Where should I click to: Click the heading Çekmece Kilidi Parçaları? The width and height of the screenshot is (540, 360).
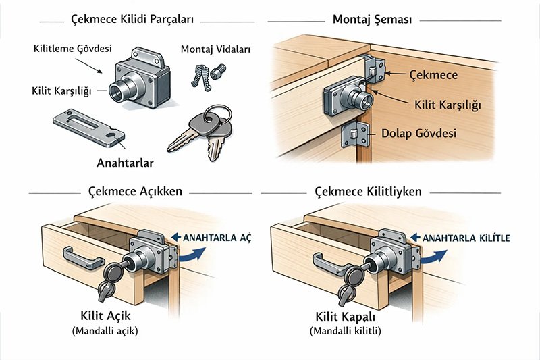pos(132,20)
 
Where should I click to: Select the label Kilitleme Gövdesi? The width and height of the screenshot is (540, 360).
pos(72,50)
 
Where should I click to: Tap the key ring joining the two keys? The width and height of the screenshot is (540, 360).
pos(216,113)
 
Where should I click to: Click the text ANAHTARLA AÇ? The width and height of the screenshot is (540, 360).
pos(212,237)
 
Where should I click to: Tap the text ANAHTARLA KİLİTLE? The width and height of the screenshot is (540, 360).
pos(466,238)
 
